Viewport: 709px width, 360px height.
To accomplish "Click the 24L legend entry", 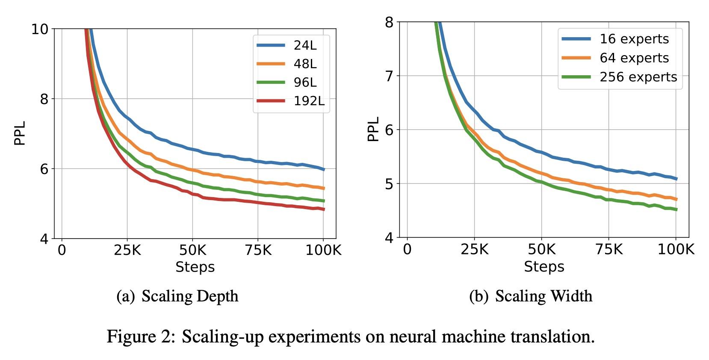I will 305,45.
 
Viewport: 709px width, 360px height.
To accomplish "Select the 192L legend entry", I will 309,101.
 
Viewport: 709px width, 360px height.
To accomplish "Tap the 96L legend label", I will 305,82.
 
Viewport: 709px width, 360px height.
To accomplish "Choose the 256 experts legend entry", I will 638,77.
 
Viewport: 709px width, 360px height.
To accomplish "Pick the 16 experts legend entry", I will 634,39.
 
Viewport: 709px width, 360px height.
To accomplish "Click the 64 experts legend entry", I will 634,58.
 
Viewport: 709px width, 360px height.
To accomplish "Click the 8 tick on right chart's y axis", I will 389,22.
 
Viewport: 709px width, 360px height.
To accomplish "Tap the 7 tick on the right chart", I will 389,76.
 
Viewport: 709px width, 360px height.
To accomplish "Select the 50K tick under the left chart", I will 192,250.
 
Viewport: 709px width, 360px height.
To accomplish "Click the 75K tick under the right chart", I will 609,249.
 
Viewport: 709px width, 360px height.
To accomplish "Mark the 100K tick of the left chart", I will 323,250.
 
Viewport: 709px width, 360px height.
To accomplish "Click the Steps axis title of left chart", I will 195,267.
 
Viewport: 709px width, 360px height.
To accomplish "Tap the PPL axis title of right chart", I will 373,129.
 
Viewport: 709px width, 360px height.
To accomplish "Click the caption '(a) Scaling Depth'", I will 177,296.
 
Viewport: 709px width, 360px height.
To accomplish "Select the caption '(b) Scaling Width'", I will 531,296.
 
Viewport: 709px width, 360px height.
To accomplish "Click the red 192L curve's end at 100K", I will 324,209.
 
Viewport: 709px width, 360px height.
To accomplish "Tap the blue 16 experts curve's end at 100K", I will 676,179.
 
